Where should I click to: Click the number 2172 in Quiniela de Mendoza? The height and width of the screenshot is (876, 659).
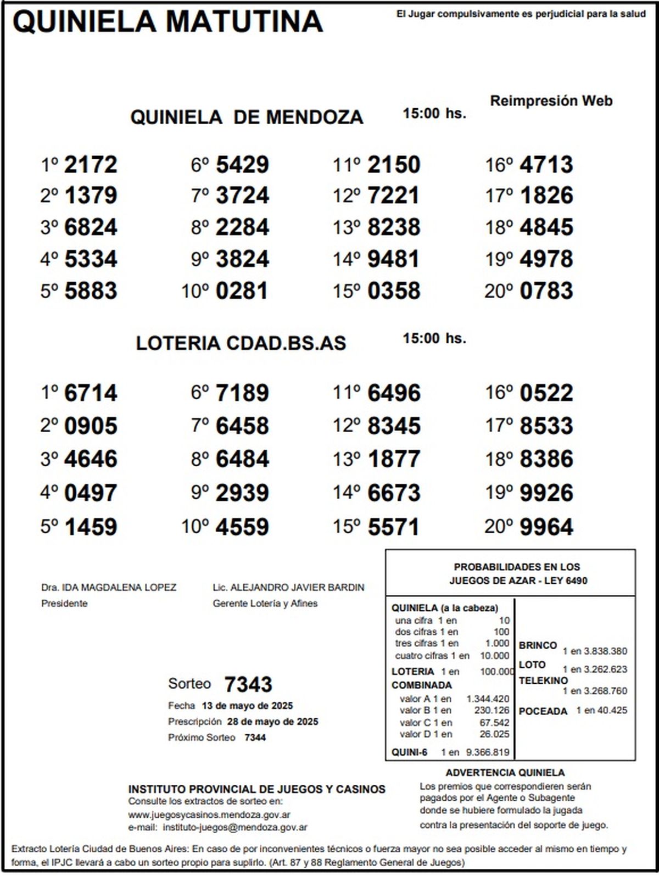click(91, 165)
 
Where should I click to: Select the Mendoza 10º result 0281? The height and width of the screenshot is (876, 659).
click(242, 291)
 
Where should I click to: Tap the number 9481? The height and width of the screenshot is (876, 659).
click(393, 259)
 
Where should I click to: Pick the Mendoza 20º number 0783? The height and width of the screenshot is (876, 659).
click(546, 291)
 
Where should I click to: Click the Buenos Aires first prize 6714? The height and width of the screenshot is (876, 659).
click(91, 393)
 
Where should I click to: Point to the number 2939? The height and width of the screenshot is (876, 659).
click(242, 493)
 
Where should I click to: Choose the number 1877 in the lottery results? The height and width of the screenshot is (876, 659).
click(393, 459)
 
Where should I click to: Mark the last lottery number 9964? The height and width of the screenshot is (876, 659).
click(546, 527)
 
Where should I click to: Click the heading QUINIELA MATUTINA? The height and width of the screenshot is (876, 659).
click(167, 22)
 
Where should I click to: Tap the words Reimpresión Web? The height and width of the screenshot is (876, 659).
click(551, 101)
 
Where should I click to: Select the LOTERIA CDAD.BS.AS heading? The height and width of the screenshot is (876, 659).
click(241, 343)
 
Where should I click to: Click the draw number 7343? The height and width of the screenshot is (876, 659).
click(248, 684)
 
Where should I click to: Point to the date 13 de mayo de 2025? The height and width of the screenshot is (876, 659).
click(247, 706)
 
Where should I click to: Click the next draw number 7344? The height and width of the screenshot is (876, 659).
click(255, 738)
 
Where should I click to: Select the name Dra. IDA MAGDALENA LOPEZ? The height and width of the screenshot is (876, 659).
click(109, 588)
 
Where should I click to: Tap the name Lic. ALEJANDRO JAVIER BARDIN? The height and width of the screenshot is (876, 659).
click(288, 588)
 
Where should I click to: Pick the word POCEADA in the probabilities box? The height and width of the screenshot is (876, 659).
click(543, 711)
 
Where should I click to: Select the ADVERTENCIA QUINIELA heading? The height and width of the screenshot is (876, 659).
click(505, 773)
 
